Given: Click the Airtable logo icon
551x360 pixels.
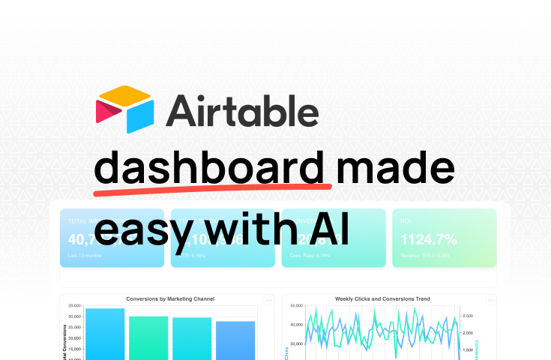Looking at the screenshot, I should [124, 109].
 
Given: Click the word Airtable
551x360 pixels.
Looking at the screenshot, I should [242, 109].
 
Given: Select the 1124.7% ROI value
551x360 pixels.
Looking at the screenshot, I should [430, 240].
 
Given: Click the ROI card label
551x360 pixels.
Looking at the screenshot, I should [406, 221].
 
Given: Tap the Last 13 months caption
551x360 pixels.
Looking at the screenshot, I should [84, 256].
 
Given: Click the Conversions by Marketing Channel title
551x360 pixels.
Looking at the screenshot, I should [170, 298].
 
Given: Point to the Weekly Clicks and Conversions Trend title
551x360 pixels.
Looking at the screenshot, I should [382, 298].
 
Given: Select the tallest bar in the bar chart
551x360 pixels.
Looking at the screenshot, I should [105, 334].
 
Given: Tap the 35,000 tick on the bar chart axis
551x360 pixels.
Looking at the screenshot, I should [73, 306].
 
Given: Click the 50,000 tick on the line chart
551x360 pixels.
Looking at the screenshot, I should [295, 306].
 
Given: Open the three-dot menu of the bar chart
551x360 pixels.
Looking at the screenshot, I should [269, 300].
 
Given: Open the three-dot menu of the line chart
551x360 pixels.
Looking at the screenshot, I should [490, 300].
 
